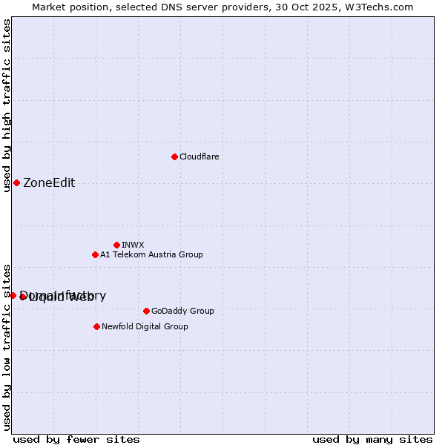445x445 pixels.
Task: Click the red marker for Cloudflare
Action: point(174,156)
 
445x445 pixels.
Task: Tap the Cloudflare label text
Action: point(199,156)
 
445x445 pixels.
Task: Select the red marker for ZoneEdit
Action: point(16,182)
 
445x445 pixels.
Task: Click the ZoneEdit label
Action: point(49,183)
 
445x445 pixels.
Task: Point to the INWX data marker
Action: point(116,245)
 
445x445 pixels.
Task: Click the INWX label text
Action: point(133,245)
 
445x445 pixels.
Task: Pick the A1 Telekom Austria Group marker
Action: point(95,254)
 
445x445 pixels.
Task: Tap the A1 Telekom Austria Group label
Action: point(151,254)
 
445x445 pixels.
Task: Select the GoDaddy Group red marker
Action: point(146,311)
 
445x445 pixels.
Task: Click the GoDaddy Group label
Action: point(182,311)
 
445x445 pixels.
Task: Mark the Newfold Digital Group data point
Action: point(96,326)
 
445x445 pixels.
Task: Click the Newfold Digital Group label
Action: point(145,326)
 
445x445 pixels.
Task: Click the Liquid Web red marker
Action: point(23,297)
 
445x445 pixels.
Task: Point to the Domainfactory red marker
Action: point(13,295)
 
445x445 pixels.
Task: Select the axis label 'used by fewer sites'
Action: point(76,439)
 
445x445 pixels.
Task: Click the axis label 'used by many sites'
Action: point(372,439)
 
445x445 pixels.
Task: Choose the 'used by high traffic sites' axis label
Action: point(7,106)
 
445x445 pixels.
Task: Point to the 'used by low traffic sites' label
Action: point(7,346)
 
